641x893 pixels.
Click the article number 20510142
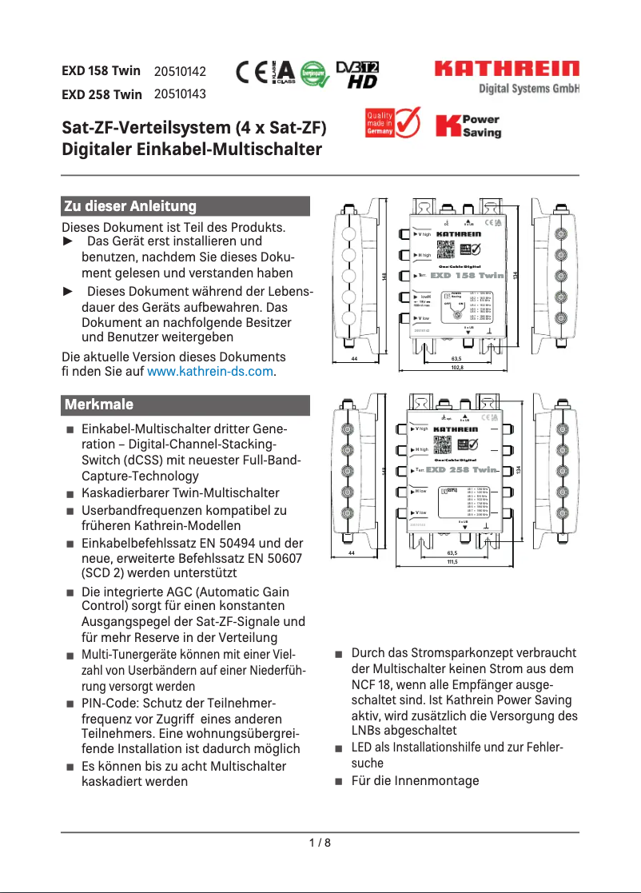tap(180, 71)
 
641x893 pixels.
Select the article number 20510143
tap(180, 94)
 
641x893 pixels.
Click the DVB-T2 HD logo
tap(357, 74)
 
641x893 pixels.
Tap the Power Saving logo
tap(468, 126)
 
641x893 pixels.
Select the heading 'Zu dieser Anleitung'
tap(130, 206)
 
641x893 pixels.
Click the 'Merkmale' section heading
tap(99, 405)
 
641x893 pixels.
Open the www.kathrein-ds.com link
tap(209, 372)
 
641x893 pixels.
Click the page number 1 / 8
tap(320, 843)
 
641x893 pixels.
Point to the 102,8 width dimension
tap(457, 368)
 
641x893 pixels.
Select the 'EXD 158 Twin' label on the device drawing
tap(468, 275)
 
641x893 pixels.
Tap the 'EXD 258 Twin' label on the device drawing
tap(463, 470)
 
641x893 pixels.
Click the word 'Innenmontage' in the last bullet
tap(443, 780)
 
